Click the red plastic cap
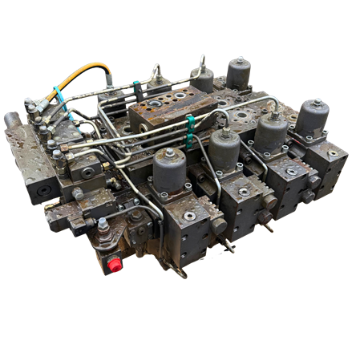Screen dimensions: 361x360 tap(114, 264)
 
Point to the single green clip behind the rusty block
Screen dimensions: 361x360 tap(137, 83)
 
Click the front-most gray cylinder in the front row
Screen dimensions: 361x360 tap(169, 170)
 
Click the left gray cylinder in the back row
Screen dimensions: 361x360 tap(203, 79)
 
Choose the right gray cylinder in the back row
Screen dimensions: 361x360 tap(238, 72)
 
